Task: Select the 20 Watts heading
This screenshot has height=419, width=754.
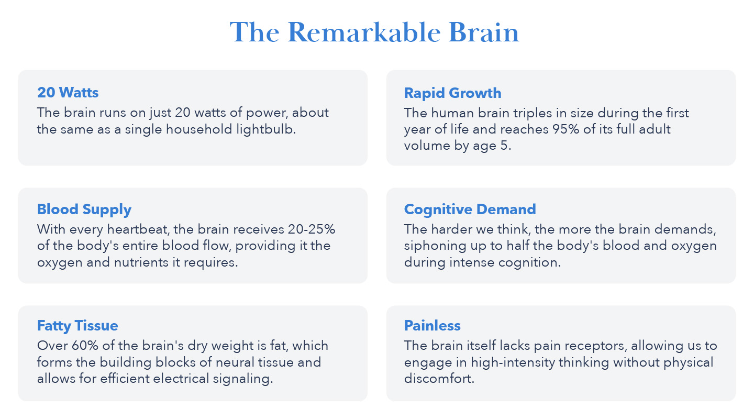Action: coord(68,93)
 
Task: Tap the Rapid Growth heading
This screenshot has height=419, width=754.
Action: coord(452,93)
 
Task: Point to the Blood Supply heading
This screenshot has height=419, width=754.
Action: coord(84,210)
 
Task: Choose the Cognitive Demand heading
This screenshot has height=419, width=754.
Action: coord(470,210)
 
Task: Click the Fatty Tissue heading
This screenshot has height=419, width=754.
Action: coord(77,326)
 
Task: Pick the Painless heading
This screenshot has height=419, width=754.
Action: coord(432,326)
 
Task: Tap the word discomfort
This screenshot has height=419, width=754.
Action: coord(439,379)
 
